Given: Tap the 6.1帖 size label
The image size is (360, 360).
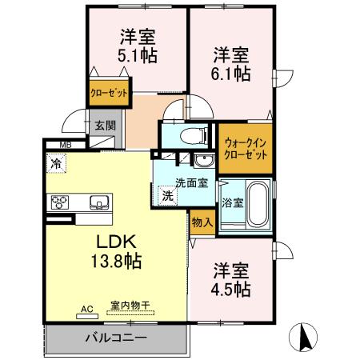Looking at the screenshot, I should point(230,74).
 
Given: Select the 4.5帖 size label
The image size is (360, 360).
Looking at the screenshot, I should point(231,288).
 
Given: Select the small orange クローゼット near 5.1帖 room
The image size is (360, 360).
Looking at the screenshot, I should point(110,94).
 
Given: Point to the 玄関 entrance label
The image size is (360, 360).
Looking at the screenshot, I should point(103,126).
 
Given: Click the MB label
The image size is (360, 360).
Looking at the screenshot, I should point(63,145).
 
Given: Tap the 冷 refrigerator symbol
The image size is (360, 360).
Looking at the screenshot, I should point(56,163).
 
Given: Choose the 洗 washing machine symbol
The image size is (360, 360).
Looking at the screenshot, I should point(168,196).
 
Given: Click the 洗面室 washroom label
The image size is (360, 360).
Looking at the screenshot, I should point(193,182).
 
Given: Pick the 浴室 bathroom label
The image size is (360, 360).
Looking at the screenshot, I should point(232,202).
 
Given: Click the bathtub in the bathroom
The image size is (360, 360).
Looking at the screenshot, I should point(257,206).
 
